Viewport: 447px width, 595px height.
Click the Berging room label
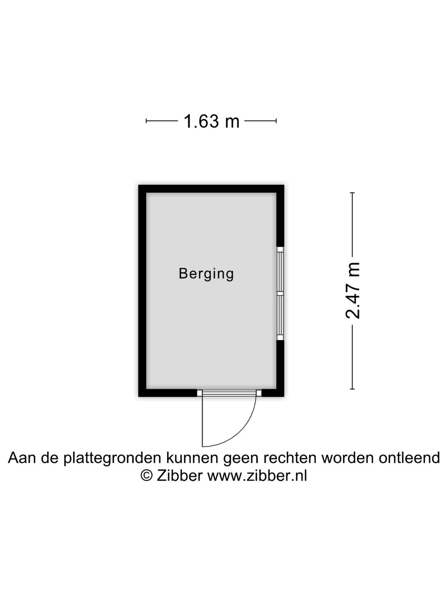(x=206, y=274)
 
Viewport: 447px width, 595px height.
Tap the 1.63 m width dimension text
(x=211, y=121)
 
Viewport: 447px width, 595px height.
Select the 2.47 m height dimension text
(x=353, y=290)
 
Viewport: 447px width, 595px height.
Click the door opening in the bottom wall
(x=229, y=393)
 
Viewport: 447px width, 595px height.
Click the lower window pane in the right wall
(x=280, y=315)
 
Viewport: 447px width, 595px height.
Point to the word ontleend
(x=409, y=457)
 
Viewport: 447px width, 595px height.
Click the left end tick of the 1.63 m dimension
(x=146, y=121)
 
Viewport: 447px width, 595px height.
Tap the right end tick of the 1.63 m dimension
(x=276, y=121)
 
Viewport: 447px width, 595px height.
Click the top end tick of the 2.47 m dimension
(x=352, y=193)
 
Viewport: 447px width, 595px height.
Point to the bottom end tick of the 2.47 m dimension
(x=352, y=389)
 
